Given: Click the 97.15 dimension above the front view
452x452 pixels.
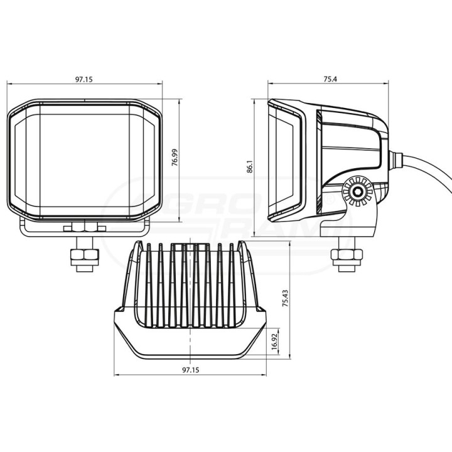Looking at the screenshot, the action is [x=84, y=79].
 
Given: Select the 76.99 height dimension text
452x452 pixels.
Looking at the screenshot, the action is [x=175, y=158].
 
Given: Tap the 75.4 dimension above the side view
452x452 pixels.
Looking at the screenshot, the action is [x=330, y=79].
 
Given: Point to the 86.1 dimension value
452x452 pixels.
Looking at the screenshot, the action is [x=250, y=166].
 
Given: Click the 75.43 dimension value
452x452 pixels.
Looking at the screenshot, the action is [x=286, y=298].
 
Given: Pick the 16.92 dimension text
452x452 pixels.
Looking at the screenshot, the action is [x=274, y=341].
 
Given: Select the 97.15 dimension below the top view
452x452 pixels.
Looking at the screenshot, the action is [x=191, y=370].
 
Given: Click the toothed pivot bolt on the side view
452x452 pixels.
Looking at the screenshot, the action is [x=357, y=191].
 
